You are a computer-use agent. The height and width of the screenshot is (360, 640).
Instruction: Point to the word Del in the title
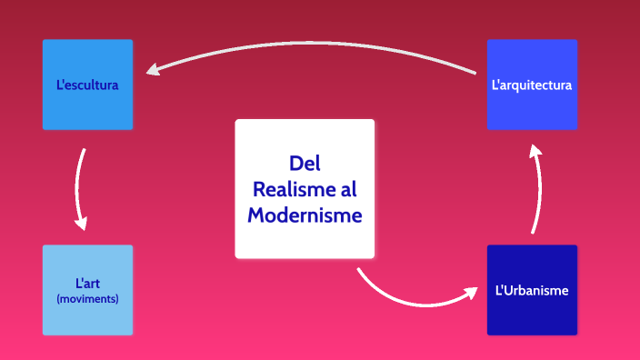point(305,164)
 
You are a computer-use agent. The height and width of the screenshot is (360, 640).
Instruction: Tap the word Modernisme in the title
point(305,215)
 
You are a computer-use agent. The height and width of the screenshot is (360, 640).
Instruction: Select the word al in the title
point(348,189)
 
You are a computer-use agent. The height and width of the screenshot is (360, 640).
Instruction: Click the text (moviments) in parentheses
point(87,298)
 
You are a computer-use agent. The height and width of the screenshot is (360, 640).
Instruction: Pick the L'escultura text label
point(87,85)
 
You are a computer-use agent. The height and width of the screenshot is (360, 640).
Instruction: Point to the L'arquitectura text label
point(532,85)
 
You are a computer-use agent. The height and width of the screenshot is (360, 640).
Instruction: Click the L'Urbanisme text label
point(532,291)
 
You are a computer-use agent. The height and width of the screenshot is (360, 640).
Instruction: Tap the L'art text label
point(87,284)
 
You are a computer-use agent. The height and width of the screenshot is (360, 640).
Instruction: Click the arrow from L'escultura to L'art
point(78,186)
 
